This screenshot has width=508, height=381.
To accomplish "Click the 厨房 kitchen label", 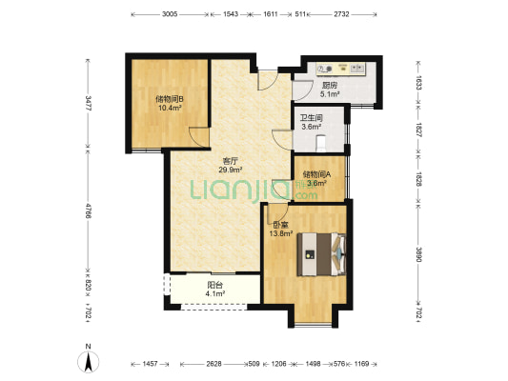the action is click(330, 86).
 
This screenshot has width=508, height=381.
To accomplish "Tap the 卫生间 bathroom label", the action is click(312, 118).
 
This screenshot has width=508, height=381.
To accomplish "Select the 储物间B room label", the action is click(170, 99).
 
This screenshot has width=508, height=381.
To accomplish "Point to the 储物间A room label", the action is click(316, 174).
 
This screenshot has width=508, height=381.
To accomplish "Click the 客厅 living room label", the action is click(231, 161).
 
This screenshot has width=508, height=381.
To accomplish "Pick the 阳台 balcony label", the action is click(215, 285).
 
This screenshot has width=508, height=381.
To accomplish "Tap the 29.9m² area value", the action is click(231, 170).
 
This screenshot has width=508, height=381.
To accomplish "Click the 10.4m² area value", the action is click(170, 108).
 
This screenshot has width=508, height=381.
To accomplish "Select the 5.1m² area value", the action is click(330, 94).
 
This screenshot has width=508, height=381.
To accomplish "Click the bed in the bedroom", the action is click(321, 254).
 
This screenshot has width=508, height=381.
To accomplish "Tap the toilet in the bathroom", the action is click(321, 143).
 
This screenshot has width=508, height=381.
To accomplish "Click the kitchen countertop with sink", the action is click(341, 69).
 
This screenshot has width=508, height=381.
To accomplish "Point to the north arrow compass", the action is click(88, 361).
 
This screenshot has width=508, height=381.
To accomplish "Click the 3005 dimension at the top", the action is click(170, 14).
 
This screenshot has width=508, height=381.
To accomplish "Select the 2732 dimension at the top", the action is click(341, 14).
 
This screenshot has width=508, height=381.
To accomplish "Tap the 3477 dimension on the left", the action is click(88, 103).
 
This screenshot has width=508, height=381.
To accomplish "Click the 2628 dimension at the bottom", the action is click(214, 364).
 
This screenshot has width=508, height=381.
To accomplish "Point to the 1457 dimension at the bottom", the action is click(150, 364).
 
